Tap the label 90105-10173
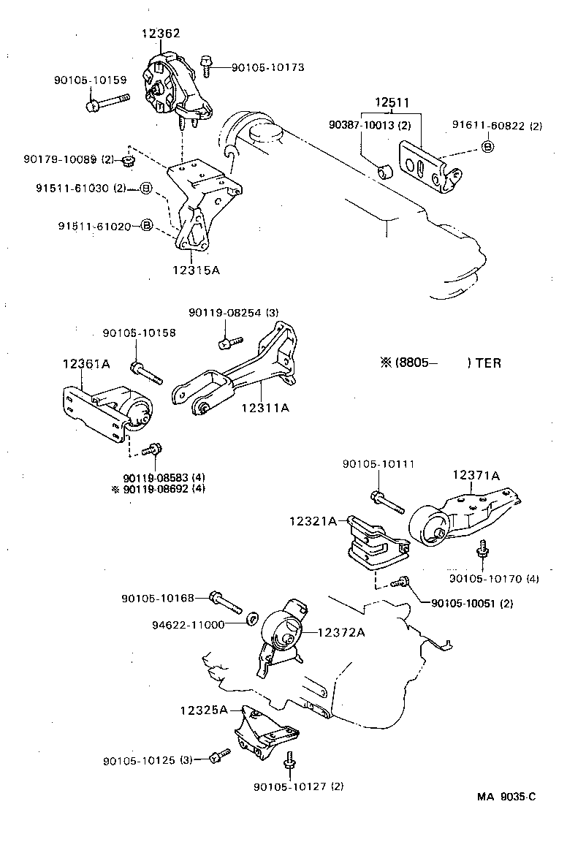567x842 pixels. point(267,67)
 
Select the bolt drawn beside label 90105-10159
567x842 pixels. point(106,102)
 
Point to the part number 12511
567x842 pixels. point(392,103)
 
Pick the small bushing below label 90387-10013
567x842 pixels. point(387,172)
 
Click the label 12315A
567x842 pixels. point(196,270)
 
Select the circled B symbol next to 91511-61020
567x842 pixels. point(145,226)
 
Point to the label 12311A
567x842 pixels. point(265,407)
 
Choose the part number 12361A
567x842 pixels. point(85,364)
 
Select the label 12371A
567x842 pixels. point(476,475)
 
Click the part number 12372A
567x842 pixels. point(340,633)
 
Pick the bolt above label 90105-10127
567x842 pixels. point(290,760)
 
